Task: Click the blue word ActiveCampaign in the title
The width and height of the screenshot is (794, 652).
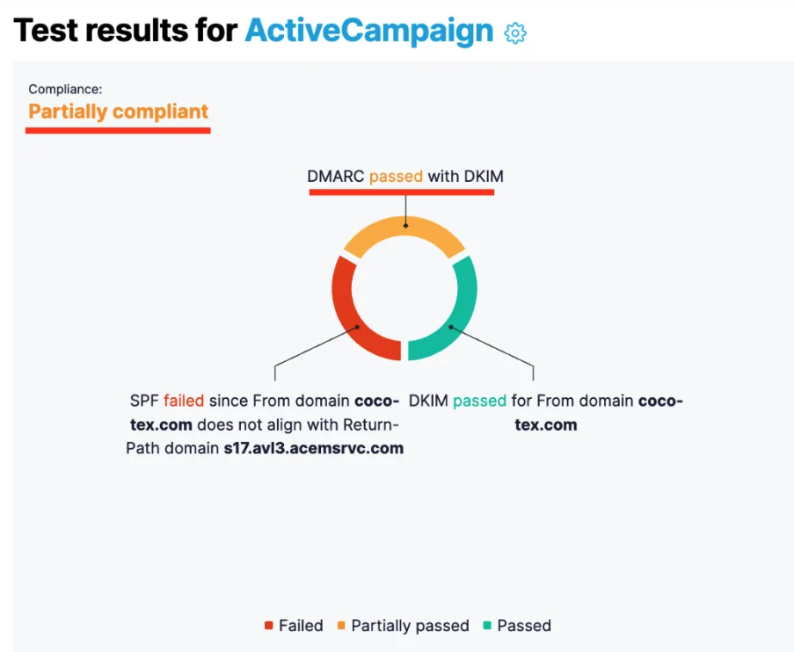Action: click(x=369, y=32)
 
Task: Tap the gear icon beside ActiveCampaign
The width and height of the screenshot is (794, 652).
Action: click(x=515, y=33)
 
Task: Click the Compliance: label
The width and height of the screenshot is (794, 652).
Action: click(x=65, y=89)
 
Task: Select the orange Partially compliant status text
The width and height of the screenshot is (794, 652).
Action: click(x=118, y=112)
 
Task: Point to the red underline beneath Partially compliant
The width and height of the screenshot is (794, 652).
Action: click(x=118, y=131)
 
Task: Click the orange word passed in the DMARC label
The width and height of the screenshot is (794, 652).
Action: click(x=396, y=177)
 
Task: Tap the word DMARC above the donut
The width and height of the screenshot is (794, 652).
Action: click(x=335, y=176)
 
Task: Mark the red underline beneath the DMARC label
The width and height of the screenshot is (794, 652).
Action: click(x=402, y=192)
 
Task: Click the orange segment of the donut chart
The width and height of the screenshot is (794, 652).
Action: click(x=404, y=227)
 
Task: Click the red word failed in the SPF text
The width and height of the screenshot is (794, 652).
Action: click(x=184, y=401)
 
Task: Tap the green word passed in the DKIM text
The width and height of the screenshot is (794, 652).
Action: click(x=479, y=402)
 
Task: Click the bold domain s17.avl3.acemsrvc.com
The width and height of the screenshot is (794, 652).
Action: click(x=314, y=448)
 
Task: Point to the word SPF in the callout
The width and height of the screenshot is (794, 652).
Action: click(x=144, y=401)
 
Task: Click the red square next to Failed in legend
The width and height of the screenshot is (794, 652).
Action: click(x=269, y=626)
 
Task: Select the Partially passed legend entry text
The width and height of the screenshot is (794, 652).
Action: click(x=410, y=627)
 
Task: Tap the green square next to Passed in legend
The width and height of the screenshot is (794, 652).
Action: click(x=487, y=626)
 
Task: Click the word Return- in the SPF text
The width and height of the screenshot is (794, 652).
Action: click(x=371, y=424)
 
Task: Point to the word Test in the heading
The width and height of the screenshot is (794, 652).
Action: click(x=45, y=31)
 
